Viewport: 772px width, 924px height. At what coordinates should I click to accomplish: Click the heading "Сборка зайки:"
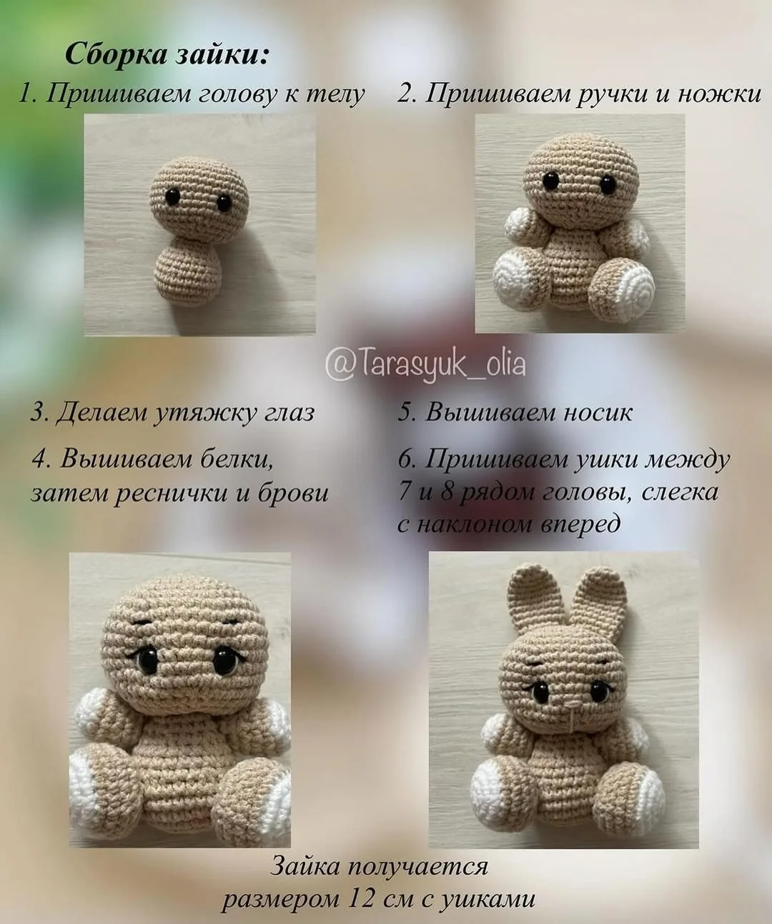(x=167, y=55)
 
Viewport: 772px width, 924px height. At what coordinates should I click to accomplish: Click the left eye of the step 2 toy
(x=550, y=181)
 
